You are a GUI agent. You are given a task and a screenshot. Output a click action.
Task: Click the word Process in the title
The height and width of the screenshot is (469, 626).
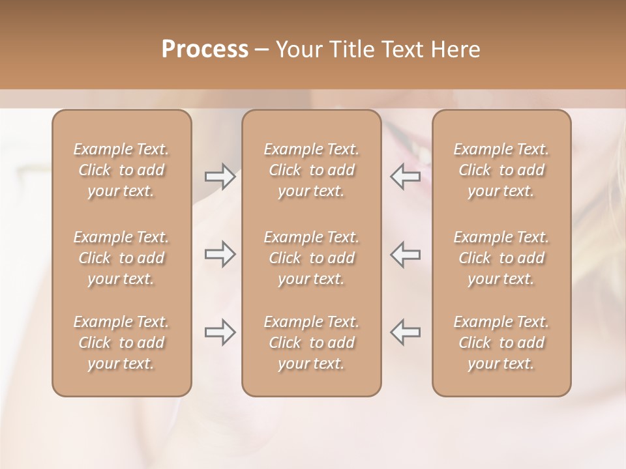205,50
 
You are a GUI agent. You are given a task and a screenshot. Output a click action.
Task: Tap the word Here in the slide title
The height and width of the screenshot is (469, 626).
456,50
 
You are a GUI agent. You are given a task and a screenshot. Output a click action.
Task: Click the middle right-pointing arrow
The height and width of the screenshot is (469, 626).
220,254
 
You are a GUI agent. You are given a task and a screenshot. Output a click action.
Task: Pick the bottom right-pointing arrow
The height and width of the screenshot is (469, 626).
220,332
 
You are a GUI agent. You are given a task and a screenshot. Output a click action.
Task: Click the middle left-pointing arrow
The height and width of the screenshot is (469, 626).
405,254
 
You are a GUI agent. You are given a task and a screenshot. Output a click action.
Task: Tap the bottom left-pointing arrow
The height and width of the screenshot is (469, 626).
405,332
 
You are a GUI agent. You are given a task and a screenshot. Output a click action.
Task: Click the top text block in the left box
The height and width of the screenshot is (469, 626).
121,170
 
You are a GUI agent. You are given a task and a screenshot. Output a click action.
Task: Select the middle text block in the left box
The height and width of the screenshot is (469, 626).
121,258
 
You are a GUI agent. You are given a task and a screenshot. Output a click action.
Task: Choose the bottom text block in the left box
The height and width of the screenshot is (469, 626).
121,343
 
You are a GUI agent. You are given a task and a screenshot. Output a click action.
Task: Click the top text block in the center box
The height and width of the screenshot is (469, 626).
311,170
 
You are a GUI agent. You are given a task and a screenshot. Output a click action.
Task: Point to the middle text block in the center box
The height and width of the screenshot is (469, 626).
311,258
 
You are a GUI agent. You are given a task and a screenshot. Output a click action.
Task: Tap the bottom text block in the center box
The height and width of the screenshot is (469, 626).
311,343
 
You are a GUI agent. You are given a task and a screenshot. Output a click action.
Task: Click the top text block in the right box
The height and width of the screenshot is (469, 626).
501,170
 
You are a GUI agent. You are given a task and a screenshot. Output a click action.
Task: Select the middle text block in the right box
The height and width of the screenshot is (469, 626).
501,258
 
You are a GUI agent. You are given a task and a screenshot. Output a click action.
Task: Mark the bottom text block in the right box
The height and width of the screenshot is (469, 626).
501,343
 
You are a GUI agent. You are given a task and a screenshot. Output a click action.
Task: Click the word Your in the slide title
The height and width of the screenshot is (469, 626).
297,50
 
